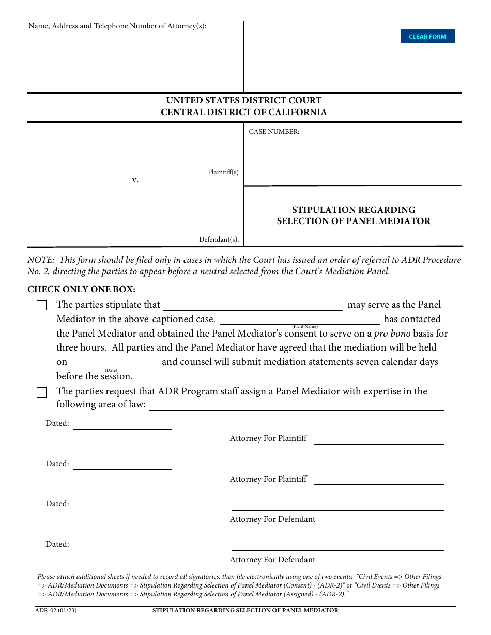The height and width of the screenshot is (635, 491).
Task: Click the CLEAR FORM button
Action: pos(427,37)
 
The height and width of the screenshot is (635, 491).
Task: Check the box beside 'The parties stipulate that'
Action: pos(42,306)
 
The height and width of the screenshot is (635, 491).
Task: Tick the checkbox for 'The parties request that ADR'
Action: pos(42,392)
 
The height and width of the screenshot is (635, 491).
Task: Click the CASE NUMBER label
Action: pos(274,132)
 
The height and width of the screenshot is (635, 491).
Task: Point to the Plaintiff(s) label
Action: pos(223,172)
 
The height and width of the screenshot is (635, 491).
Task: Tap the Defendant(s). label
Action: pos(219,240)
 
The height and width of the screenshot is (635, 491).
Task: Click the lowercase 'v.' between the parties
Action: pos(135,180)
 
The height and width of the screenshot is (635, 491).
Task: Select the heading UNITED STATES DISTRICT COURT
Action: pos(244,100)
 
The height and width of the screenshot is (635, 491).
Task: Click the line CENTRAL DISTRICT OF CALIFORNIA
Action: pos(244,112)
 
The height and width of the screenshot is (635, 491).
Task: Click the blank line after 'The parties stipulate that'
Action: pos(253,306)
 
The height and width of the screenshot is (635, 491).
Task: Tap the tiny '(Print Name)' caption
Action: pos(305,326)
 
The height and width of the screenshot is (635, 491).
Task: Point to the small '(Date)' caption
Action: pos(111,370)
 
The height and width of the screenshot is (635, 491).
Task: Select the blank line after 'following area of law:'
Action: pos(297,406)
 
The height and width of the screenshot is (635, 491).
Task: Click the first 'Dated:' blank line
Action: pos(122,424)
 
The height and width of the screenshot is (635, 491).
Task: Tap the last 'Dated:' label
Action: pos(57,544)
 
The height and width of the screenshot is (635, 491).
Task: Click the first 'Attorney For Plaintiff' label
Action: pos(268,438)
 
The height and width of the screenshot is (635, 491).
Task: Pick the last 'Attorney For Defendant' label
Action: pos(272,560)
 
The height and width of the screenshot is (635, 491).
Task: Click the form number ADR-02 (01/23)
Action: pos(56,610)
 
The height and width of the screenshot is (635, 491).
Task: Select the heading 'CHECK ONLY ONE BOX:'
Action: pos(81,290)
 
